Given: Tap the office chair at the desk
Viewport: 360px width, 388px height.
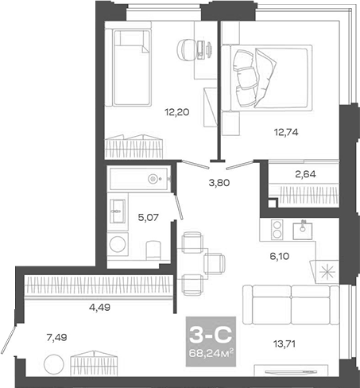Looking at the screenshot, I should pos(187,48).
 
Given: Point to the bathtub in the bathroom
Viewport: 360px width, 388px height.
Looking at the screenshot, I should pos(140,177).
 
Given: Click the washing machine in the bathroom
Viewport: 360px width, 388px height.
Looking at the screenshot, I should pos(119,243).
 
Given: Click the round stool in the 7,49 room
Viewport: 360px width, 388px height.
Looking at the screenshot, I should pos(53,366).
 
